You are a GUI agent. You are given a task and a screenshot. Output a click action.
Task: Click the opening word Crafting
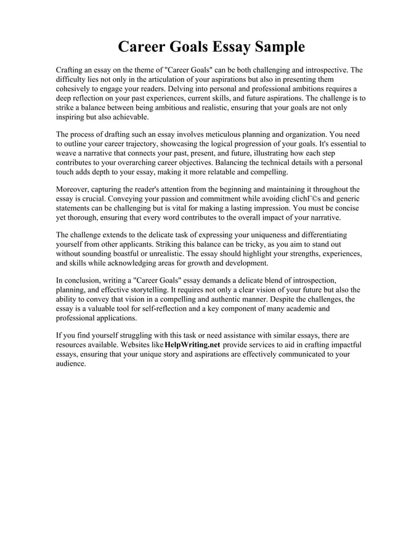(x=71, y=71)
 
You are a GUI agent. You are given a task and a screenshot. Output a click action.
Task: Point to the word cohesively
(x=75, y=89)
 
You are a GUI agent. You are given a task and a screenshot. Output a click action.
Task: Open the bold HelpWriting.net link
(x=192, y=344)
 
